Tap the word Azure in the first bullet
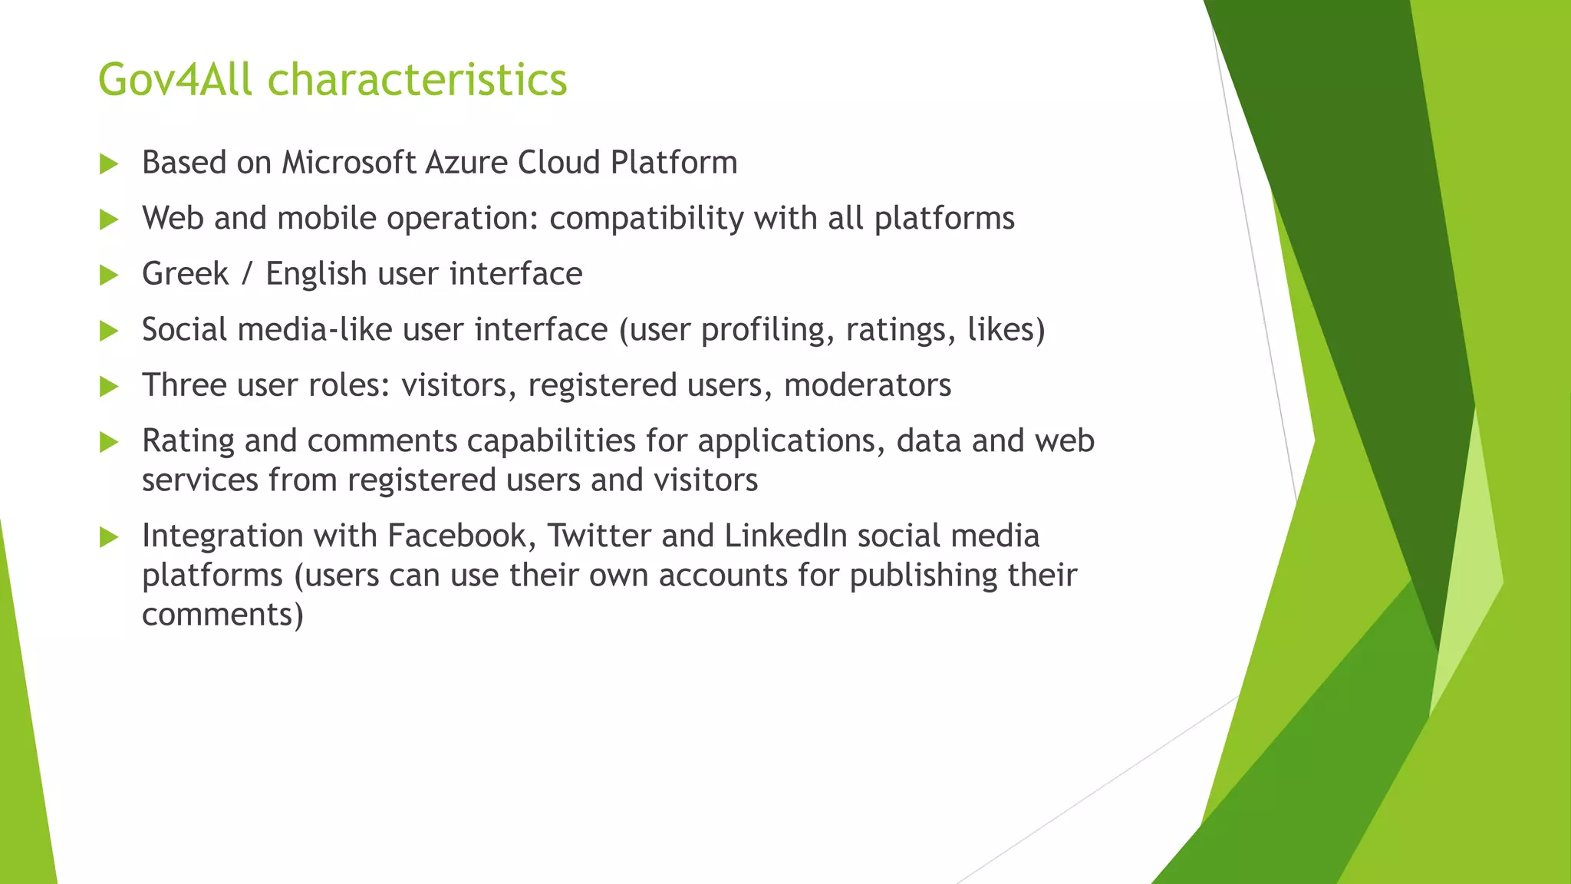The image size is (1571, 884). point(466,163)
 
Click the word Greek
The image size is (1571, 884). point(185,274)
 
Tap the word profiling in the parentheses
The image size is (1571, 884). point(767,331)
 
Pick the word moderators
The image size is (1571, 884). point(867,385)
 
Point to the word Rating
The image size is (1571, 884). point(188,442)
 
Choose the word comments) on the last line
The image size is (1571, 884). point(222,615)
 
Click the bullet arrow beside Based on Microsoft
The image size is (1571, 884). point(109,164)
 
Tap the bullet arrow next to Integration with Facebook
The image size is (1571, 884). point(109,537)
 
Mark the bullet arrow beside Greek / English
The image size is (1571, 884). point(109,275)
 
